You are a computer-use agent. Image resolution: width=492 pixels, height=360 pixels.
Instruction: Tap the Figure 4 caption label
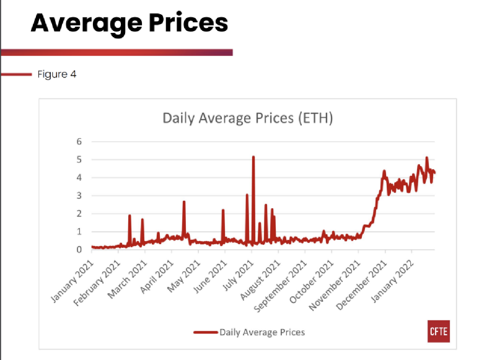[56, 74]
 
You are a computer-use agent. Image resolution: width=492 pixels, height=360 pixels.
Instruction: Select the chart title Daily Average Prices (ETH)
[247, 118]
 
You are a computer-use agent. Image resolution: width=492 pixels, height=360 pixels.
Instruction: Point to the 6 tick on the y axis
[79, 141]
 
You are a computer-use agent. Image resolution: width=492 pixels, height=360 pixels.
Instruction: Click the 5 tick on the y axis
[79, 159]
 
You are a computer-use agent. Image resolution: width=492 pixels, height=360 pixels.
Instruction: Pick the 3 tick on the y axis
[79, 196]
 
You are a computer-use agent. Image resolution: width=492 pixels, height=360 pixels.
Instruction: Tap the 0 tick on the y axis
[79, 250]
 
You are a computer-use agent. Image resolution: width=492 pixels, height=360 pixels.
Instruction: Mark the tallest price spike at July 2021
[253, 157]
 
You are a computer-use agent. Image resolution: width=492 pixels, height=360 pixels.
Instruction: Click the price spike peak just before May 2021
[184, 202]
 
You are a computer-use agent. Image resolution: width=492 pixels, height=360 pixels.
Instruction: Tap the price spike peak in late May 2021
[223, 211]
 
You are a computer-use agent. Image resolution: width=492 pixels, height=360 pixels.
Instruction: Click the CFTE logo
[438, 331]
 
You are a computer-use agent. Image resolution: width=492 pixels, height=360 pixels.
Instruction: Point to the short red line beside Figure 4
[16, 74]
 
